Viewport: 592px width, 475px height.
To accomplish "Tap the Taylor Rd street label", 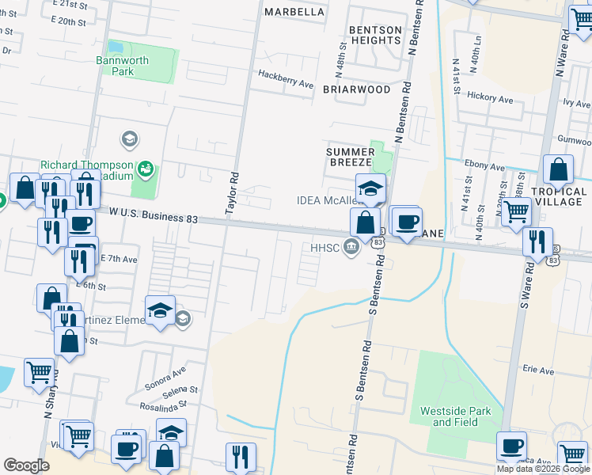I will point(233,194).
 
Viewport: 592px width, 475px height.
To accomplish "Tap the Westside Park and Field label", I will point(461,416).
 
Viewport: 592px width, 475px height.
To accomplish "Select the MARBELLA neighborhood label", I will point(294,12).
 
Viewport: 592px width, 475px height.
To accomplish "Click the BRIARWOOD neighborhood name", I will point(356,89).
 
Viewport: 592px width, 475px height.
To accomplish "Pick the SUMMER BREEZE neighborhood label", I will point(350,157).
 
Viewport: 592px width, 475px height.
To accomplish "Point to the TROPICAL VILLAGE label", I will point(559,196).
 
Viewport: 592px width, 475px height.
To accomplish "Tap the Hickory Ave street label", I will point(492,98).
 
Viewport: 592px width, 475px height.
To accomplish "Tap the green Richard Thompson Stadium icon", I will point(145,168).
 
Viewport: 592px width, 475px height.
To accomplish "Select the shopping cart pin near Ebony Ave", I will point(516,211).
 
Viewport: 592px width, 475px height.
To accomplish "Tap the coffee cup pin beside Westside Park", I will point(511,446).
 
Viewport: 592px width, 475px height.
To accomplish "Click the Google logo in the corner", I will point(26,465).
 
